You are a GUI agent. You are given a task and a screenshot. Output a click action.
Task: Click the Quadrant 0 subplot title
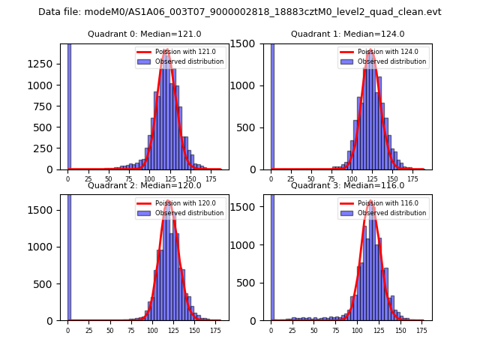[x=145, y=34]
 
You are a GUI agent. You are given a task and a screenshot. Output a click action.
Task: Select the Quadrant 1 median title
[x=347, y=34]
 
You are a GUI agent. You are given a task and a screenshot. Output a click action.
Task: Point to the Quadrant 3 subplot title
[x=347, y=185]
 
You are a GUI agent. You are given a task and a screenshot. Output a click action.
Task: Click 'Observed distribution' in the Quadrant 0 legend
[x=190, y=61]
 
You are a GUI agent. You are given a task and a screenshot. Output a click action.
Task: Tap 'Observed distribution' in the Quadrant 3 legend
[x=392, y=213]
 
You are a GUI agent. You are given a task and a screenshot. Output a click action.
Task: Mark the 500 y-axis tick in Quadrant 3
[x=250, y=282]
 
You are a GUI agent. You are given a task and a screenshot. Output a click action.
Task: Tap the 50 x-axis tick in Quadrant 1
[x=313, y=179]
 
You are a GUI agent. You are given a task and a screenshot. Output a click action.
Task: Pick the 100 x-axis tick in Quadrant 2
[x=152, y=330]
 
